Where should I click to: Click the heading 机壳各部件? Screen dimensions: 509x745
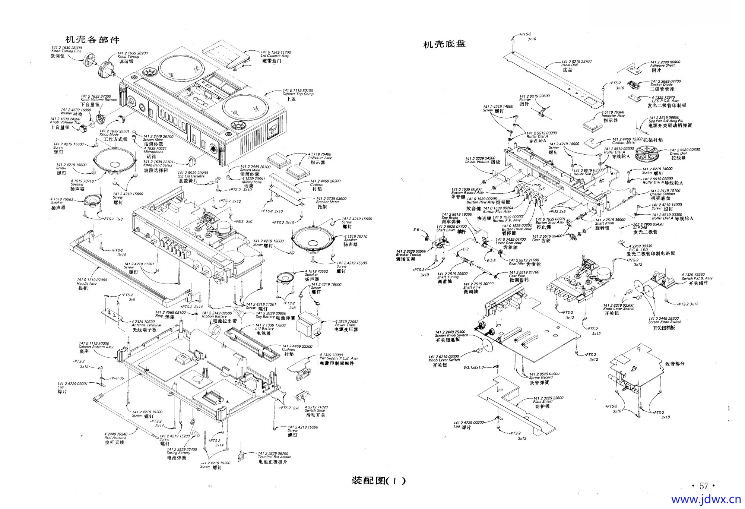[92, 39]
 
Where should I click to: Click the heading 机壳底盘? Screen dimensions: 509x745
[444, 44]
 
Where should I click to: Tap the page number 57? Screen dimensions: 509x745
[703, 486]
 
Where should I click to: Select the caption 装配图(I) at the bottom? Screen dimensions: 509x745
[378, 480]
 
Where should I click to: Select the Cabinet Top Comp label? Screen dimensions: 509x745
[298, 94]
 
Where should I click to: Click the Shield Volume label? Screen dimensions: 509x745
[480, 162]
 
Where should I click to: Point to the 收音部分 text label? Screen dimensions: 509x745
[675, 364]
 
